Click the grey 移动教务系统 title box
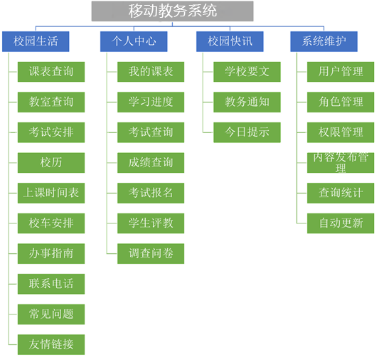pos(172,11)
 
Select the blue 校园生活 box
pos(36,41)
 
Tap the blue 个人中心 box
pos(134,41)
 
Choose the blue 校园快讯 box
pos(230,41)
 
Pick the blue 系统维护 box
pos(324,41)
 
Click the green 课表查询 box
pos(51,72)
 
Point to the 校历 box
pos(51,163)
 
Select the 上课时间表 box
pos(51,193)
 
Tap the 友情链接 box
pos(51,344)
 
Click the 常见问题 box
pos(51,314)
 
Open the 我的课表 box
pos(151,72)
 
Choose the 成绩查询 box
pos(151,163)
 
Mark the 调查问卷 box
pos(151,253)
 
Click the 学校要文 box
pos(247,72)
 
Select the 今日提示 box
pos(247,132)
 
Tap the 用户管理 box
pos(341,72)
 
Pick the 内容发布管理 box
pos(341,163)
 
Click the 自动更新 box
pos(341,223)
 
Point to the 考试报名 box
pos(151,193)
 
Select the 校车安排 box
pos(51,223)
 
